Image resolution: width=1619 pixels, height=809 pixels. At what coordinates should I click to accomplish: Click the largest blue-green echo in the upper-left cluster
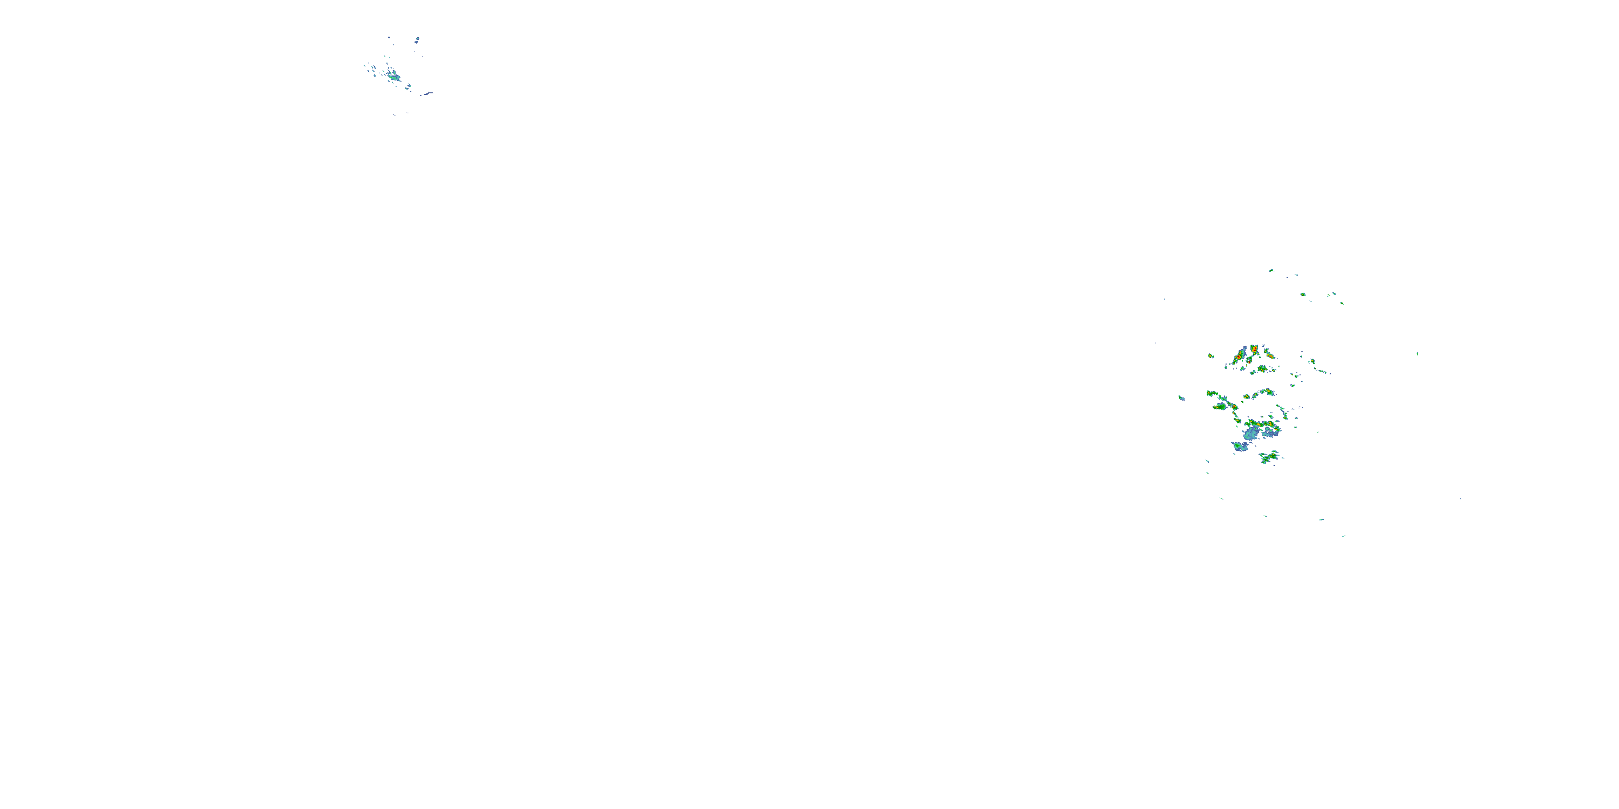click(394, 77)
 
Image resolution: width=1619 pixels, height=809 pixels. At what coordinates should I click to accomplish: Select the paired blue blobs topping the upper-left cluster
click(417, 39)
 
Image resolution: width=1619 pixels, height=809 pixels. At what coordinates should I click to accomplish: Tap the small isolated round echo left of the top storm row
click(1210, 356)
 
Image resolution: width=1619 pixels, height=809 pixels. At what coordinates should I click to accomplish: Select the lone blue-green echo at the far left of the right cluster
click(1181, 398)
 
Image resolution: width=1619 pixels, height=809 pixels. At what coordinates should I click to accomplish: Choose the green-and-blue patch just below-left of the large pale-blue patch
click(1240, 447)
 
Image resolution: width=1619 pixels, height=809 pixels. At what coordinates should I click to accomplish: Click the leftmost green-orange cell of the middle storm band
click(1212, 394)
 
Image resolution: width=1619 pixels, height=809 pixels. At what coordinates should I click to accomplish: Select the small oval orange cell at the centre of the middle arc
click(1246, 397)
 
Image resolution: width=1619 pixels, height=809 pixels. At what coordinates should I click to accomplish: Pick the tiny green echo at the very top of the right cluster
click(1271, 271)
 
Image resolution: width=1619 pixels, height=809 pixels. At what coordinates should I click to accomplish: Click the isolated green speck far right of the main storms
click(1417, 354)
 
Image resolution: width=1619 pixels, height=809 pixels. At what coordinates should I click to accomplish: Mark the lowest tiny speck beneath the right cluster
click(1344, 536)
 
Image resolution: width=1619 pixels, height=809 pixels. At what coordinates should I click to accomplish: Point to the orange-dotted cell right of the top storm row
click(1313, 361)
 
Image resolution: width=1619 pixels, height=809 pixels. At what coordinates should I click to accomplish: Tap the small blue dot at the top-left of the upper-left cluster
click(389, 38)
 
